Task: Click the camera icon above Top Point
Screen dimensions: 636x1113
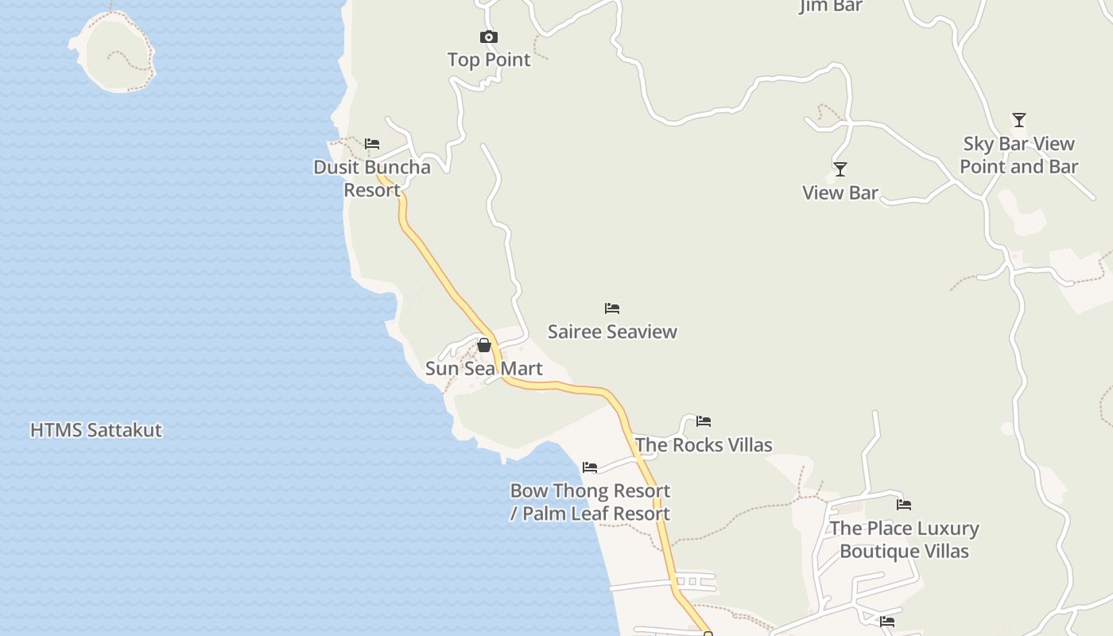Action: [x=488, y=37]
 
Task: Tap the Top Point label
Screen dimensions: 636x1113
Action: [x=488, y=60]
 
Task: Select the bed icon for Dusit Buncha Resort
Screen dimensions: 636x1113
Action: [x=372, y=144]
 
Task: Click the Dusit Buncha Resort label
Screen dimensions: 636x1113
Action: [x=372, y=178]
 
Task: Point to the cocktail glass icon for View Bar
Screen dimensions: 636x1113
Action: [x=840, y=169]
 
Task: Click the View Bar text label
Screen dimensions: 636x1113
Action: [x=840, y=192]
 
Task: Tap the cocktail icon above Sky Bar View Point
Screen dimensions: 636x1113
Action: [x=1018, y=120]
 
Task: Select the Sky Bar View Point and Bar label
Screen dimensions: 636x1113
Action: [x=1018, y=155]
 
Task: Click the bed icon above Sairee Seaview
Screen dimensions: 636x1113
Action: [x=611, y=308]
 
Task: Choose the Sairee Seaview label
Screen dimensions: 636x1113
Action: [x=611, y=332]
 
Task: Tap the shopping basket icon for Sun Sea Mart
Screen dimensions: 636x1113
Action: [x=483, y=345]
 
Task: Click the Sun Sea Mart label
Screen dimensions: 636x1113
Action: [x=483, y=368]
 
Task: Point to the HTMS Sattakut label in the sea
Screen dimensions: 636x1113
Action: [x=95, y=430]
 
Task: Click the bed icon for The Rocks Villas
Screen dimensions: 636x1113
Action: [x=703, y=421]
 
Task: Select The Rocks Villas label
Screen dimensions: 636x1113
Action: [x=703, y=444]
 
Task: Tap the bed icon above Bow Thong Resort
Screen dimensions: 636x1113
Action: [x=589, y=467]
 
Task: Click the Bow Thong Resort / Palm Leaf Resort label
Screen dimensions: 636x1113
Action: [x=589, y=502]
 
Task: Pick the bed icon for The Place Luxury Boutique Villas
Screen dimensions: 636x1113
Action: [x=904, y=505]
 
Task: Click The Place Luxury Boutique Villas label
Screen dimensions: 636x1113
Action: [x=904, y=539]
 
